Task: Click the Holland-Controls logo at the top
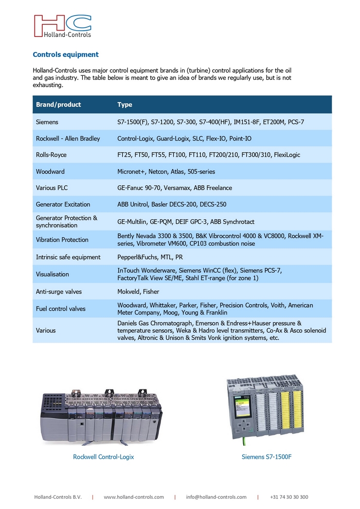coord(62,26)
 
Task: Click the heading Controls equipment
coord(66,54)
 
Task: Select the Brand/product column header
coord(58,105)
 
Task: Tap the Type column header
coord(125,105)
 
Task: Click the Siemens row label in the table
coord(47,122)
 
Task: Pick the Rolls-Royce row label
coord(51,155)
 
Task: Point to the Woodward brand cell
coord(50,172)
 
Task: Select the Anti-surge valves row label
coord(59,292)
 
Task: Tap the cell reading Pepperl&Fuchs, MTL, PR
coord(150,257)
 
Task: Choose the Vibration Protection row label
coord(62,240)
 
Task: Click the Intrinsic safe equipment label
coord(68,257)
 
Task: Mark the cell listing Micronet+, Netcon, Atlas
coord(166,172)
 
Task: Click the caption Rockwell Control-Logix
coord(103,457)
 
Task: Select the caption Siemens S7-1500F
coord(266,457)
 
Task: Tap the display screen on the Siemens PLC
coord(240,408)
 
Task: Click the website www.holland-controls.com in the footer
coord(134,497)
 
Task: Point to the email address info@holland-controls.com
coord(216,497)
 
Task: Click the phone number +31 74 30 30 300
coord(289,497)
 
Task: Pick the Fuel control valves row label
coord(60,309)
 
